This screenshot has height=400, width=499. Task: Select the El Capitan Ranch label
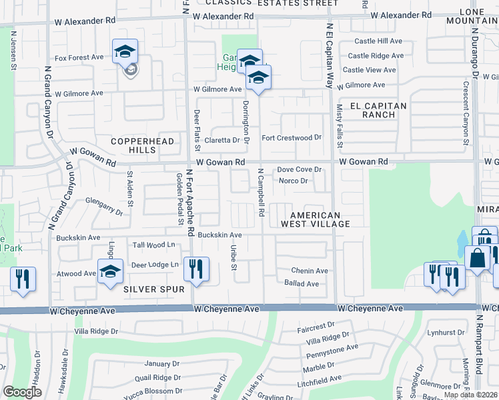(x=378, y=110)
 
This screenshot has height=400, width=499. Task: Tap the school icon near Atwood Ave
(x=110, y=271)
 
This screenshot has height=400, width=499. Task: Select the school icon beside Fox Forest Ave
(x=125, y=52)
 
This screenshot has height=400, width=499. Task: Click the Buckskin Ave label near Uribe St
(x=218, y=235)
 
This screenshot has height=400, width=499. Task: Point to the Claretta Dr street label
(x=221, y=141)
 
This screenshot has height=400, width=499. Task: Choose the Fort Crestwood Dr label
(x=291, y=138)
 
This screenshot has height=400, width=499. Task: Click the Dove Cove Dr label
(x=299, y=170)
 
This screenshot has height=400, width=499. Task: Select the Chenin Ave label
(x=309, y=271)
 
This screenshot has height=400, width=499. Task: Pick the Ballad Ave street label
(x=302, y=283)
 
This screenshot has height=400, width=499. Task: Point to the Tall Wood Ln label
(x=154, y=245)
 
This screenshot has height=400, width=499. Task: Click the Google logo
(x=22, y=392)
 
